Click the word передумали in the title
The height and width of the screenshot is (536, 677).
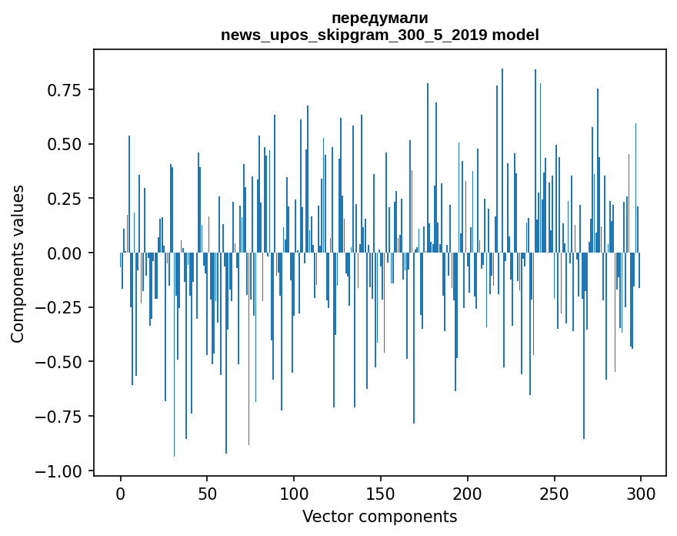pos(379,18)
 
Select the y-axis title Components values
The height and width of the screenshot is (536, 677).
pos(18,263)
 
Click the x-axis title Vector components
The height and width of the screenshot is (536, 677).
pos(379,517)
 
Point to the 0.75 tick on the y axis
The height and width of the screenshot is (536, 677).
pos(65,90)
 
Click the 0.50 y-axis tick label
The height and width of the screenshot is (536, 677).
pos(65,144)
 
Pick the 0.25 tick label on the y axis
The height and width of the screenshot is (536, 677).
pos(65,199)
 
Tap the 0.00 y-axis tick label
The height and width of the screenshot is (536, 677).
pos(65,253)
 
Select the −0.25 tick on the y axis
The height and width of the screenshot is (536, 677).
pos(61,307)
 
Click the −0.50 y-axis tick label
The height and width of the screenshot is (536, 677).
pos(61,362)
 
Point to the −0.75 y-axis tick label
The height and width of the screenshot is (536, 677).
pos(61,417)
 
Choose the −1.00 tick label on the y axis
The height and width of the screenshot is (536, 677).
pos(61,471)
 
